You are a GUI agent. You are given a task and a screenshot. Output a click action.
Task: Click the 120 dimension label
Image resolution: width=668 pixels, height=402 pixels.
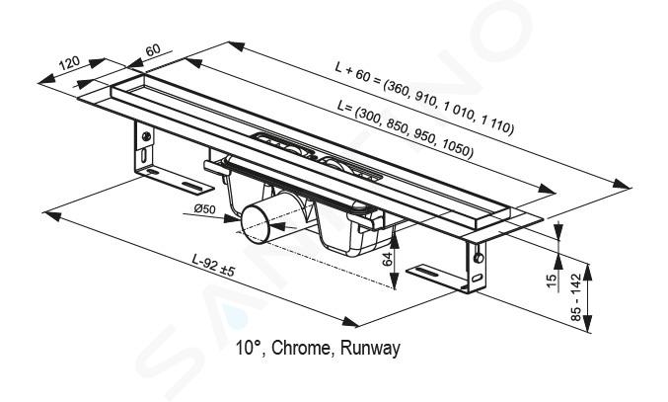pyautogui.click(x=69, y=63)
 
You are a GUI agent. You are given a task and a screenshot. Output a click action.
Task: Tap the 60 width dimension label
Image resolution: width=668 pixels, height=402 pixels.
pyautogui.click(x=153, y=49)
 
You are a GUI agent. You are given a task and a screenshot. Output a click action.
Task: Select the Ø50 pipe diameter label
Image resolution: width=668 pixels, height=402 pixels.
pyautogui.click(x=205, y=208)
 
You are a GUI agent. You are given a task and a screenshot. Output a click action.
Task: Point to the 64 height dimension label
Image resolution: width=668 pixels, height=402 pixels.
pyautogui.click(x=387, y=259)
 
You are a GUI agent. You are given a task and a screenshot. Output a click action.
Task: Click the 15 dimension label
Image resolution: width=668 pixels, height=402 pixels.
pyautogui.click(x=552, y=281)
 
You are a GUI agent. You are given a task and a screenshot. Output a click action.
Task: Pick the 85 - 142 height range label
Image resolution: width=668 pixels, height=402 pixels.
pyautogui.click(x=575, y=297)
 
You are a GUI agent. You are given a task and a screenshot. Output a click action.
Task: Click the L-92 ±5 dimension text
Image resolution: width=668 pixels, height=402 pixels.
pyautogui.click(x=213, y=265)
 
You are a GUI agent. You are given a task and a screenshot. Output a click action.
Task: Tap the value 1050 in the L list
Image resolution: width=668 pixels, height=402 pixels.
pyautogui.click(x=457, y=149)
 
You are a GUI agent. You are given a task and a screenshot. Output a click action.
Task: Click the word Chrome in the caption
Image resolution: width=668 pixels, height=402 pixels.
pyautogui.click(x=301, y=348)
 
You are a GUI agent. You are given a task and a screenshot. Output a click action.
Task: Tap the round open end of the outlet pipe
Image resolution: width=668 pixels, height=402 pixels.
pyautogui.click(x=256, y=224)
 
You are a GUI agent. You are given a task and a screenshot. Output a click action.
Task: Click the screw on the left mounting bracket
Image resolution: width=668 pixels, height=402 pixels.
pyautogui.click(x=146, y=136)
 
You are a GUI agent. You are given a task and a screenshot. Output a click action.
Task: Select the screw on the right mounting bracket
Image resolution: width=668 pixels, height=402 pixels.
pyautogui.click(x=479, y=258)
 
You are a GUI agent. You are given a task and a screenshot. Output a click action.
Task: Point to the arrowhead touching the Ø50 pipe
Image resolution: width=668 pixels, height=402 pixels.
pyautogui.click(x=233, y=219)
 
